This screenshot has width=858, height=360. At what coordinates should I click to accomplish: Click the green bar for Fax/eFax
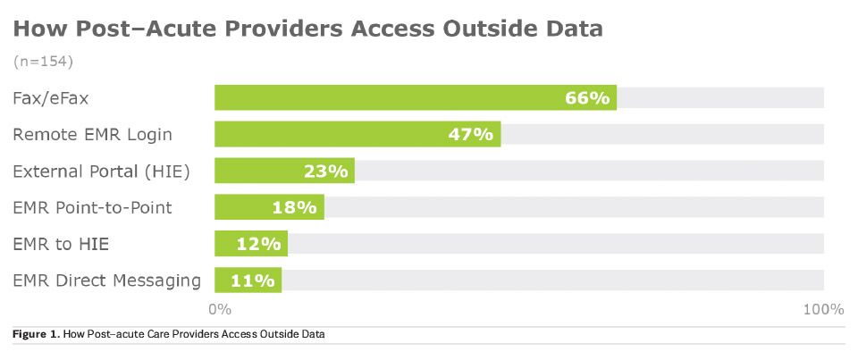click(393, 97)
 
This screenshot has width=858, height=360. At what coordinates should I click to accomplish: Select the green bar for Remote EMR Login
click(331, 134)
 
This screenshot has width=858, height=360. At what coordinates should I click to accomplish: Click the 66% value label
click(586, 97)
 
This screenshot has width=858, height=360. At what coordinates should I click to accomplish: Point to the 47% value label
click(470, 134)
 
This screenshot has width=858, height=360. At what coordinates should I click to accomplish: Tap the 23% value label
click(324, 171)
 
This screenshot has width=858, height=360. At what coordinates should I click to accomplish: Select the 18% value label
click(294, 207)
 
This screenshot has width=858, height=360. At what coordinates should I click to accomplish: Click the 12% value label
click(259, 243)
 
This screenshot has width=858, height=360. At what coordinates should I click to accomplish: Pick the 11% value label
click(252, 280)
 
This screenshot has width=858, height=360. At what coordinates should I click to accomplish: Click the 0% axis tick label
click(220, 309)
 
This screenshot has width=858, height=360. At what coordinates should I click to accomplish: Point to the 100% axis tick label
click(823, 309)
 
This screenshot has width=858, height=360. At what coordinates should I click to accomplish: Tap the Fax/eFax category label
click(51, 97)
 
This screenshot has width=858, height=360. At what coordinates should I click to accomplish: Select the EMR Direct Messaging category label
click(107, 280)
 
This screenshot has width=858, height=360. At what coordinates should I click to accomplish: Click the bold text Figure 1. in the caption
click(36, 334)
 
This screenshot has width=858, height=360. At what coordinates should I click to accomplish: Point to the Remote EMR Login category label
click(92, 134)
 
